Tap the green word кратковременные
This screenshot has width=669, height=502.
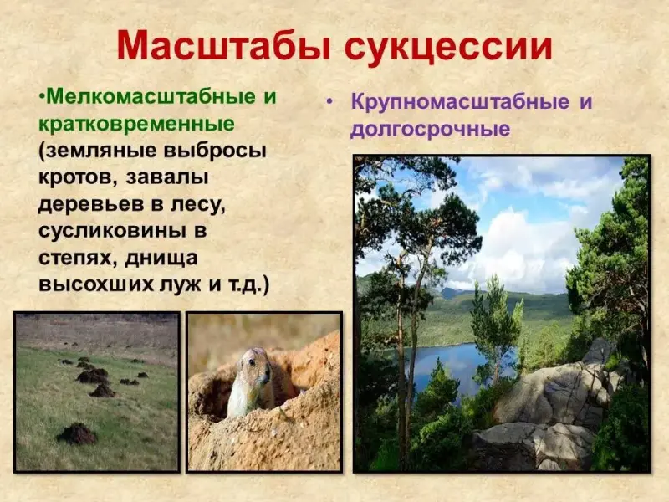[136, 125]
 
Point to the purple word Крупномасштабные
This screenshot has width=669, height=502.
[460, 102]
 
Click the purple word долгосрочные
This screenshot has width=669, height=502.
[430, 130]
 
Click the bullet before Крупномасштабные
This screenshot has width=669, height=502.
[329, 102]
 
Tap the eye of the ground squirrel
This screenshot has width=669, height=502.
[253, 362]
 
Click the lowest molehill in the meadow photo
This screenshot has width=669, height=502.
[77, 433]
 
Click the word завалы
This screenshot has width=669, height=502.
[166, 178]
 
